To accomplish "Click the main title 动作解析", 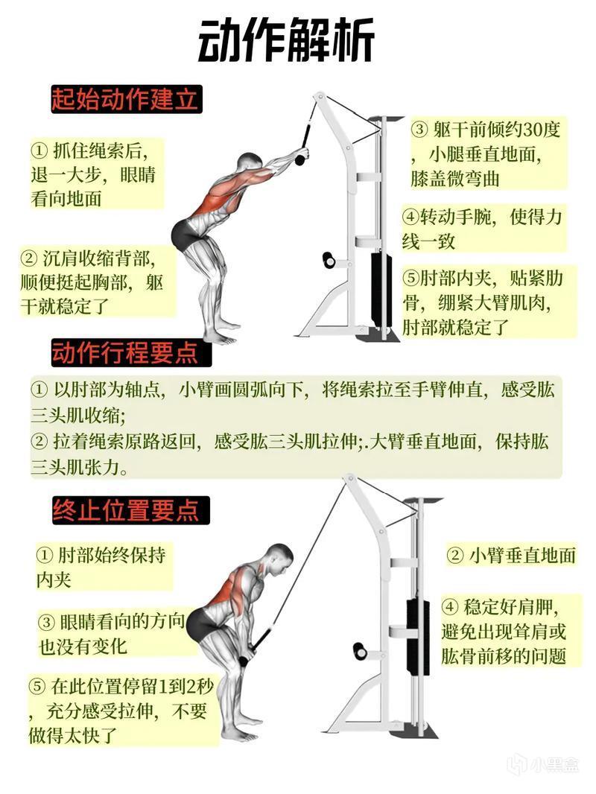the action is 287,40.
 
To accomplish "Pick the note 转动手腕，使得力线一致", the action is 482,229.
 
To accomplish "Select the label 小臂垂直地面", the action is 511,556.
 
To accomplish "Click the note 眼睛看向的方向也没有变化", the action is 112,634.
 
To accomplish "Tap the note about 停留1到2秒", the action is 121,711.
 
